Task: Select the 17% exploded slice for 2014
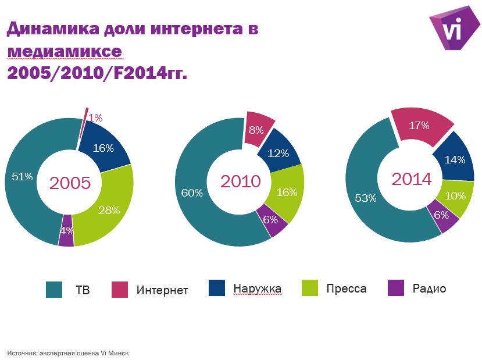coord(420,125)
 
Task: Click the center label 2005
coord(70,183)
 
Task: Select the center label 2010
coord(240,181)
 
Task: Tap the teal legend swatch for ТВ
coord(54,289)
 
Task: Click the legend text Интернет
coord(162,290)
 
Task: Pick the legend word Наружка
coord(257,288)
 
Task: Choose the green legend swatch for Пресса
coord(310,288)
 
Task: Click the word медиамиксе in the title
coord(65,51)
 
